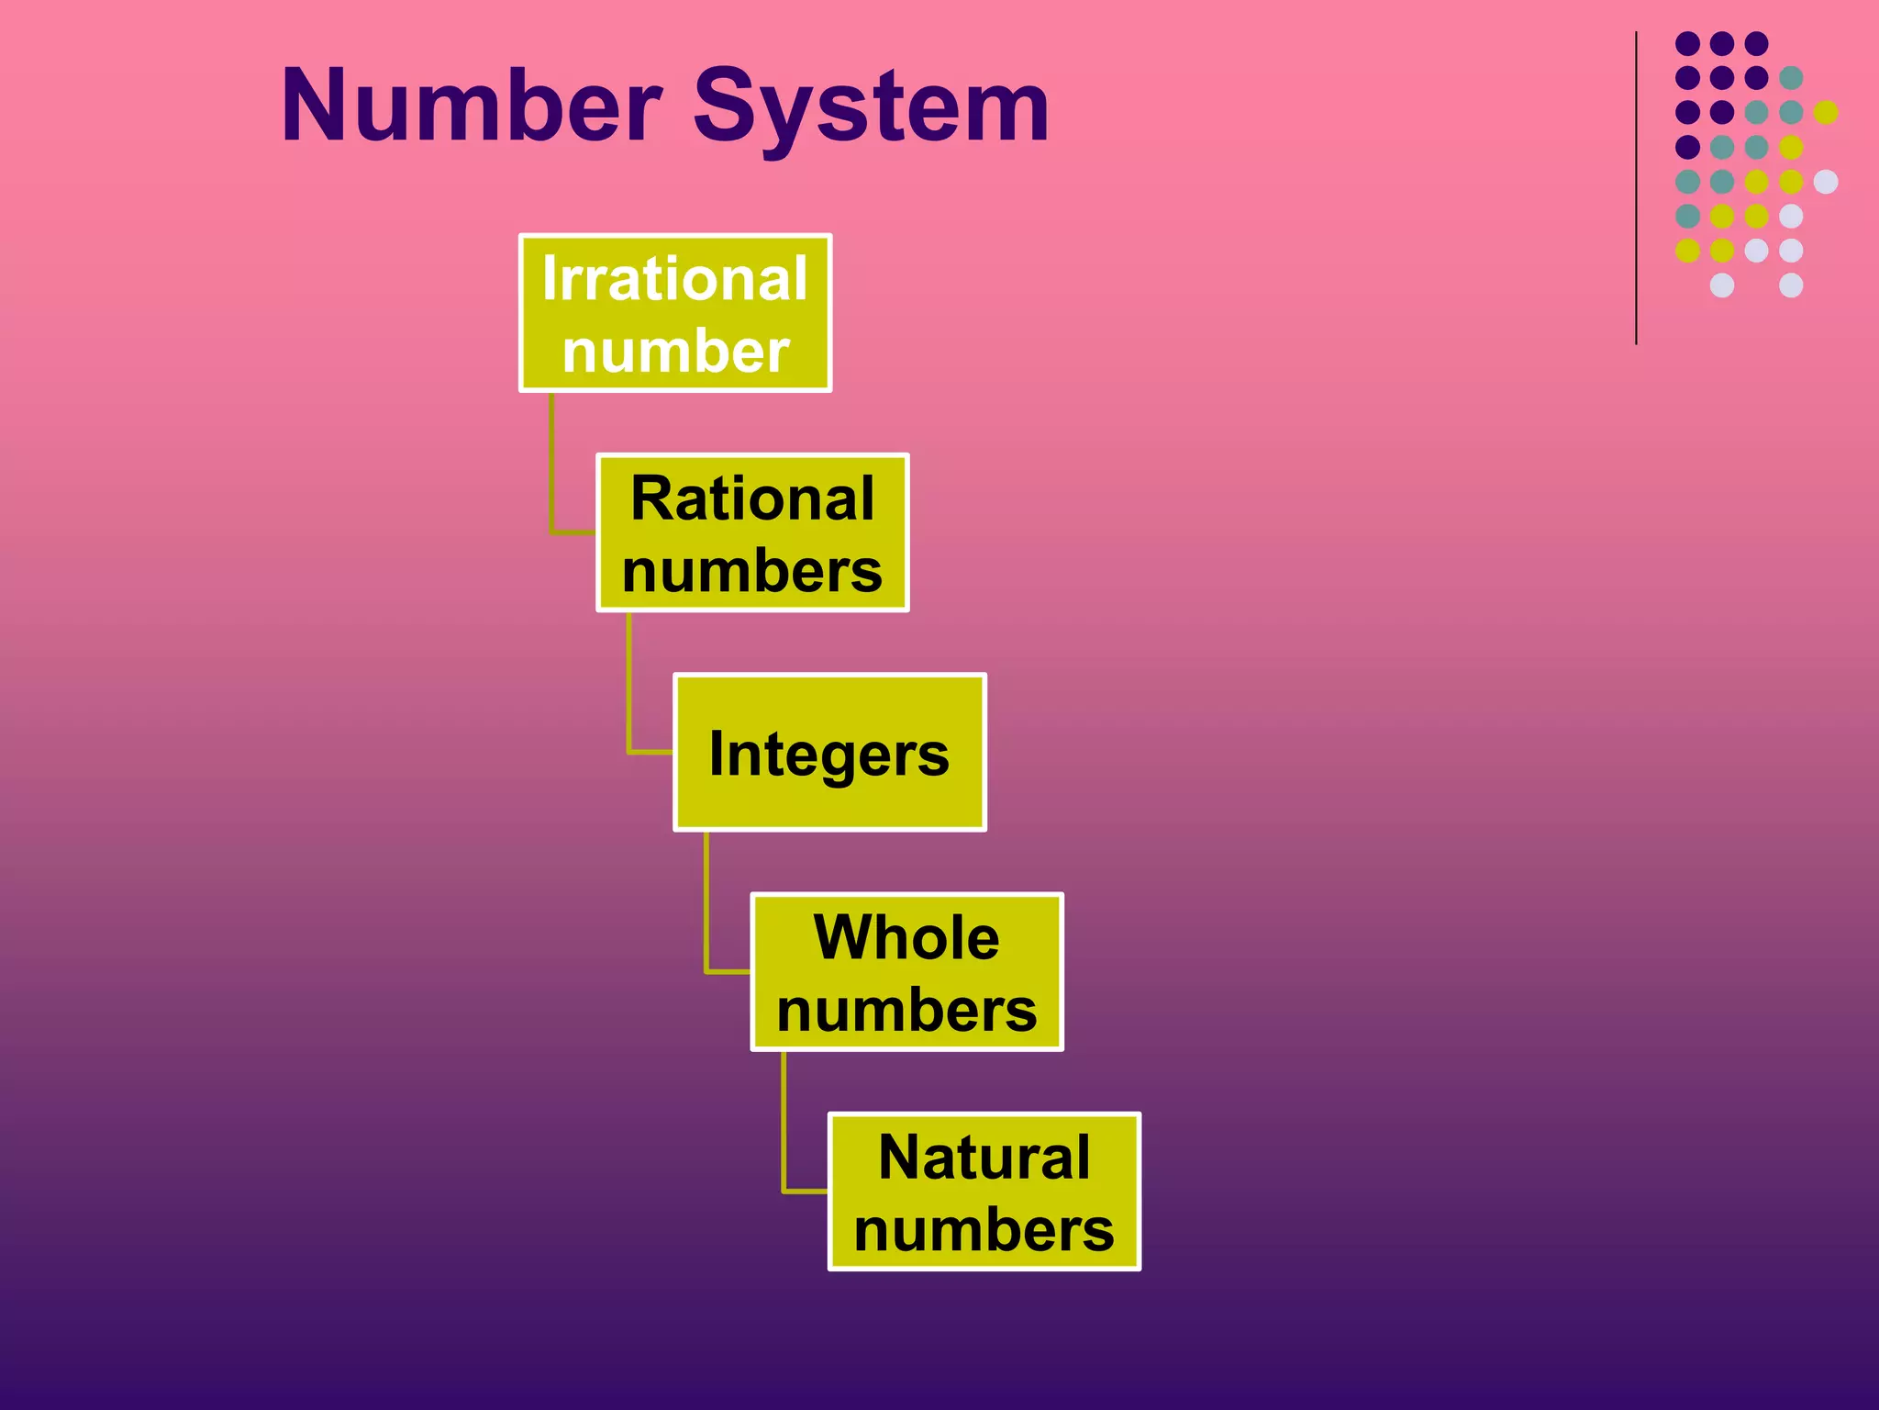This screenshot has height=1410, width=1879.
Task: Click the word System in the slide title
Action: (x=871, y=108)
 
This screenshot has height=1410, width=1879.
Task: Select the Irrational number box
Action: (x=675, y=313)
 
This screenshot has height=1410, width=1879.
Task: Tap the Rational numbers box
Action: (x=752, y=532)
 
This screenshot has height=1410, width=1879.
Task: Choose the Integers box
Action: (x=829, y=753)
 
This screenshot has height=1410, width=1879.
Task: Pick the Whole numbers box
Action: (x=906, y=972)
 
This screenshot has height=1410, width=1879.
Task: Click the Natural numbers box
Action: (x=984, y=1192)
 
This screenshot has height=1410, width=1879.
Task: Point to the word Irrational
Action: (x=675, y=278)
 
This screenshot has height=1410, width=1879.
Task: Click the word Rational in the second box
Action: (x=752, y=498)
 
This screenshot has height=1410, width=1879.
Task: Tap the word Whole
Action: (x=906, y=937)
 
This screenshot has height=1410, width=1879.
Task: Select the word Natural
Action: (x=984, y=1157)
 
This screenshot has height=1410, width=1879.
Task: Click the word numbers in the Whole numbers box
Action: (x=906, y=1010)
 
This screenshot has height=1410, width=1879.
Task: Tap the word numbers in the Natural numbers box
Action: (x=984, y=1229)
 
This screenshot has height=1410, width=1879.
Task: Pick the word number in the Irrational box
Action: (x=675, y=351)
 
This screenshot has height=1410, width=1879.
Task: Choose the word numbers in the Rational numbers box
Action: (x=752, y=571)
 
